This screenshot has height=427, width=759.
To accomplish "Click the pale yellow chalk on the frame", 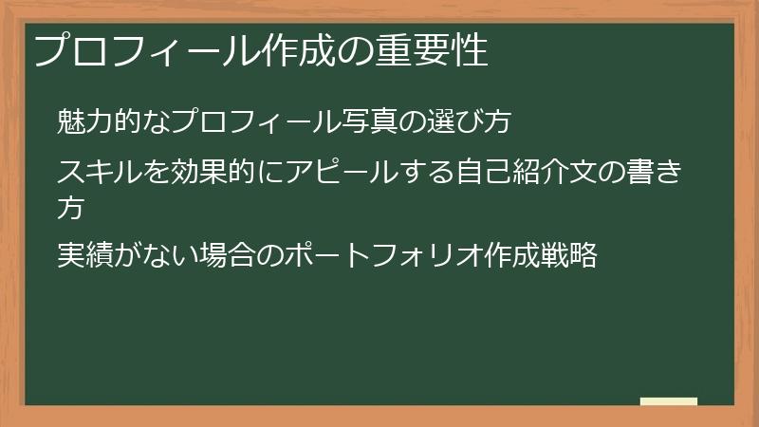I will pyautogui.click(x=668, y=401).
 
